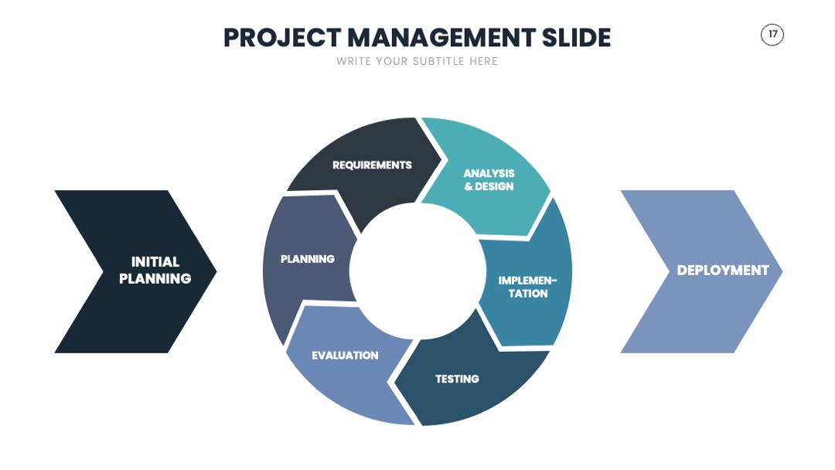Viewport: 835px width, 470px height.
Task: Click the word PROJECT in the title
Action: (x=282, y=38)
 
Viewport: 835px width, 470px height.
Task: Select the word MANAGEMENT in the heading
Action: (x=441, y=38)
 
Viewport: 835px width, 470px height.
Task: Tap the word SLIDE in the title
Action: (x=576, y=38)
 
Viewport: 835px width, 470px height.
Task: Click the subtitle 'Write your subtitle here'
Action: (x=417, y=61)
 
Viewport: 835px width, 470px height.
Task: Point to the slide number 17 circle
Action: (x=772, y=35)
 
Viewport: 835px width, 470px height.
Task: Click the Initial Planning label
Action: (x=155, y=270)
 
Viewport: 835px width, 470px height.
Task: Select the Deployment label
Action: (x=723, y=271)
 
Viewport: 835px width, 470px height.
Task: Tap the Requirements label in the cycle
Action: (x=372, y=165)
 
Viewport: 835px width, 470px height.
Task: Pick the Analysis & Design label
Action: (x=489, y=180)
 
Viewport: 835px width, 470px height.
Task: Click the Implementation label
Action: (x=528, y=287)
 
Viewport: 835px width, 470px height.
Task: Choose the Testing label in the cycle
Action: (x=457, y=379)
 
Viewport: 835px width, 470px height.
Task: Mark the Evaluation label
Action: (x=345, y=356)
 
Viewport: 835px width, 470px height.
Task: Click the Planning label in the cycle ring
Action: (x=308, y=259)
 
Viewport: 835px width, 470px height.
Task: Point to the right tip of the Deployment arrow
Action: (x=782, y=271)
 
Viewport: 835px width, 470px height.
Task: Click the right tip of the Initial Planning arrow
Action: (x=216, y=271)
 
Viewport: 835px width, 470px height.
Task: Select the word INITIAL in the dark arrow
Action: (x=155, y=262)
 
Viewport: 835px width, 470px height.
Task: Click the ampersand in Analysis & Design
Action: (x=469, y=186)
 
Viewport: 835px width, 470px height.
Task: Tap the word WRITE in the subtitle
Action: (x=353, y=61)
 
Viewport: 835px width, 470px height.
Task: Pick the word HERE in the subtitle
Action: (x=483, y=61)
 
